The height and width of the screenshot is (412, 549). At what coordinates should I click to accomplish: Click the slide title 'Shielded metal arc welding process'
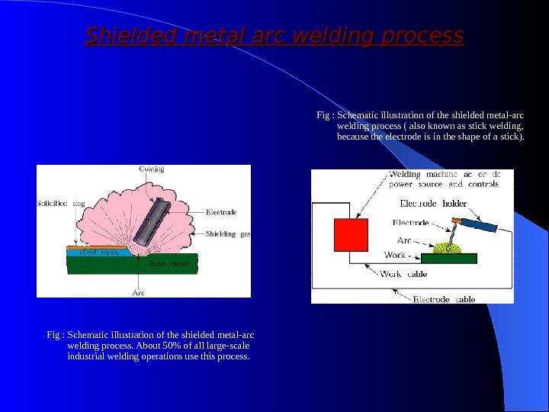274,36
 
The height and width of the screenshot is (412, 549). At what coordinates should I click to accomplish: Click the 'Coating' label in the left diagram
151,169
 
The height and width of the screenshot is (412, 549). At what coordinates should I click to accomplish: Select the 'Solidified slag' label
62,204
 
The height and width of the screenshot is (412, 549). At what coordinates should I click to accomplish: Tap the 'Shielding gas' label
228,233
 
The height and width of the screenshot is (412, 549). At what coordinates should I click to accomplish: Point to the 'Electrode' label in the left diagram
221,211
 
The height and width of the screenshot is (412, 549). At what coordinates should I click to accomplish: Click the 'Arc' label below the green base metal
140,292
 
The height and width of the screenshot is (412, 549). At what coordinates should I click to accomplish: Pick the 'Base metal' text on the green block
168,264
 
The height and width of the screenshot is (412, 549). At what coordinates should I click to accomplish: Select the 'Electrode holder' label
433,204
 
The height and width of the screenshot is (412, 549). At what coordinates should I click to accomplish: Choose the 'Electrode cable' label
444,300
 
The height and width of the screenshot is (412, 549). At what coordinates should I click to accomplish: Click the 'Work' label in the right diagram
394,255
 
